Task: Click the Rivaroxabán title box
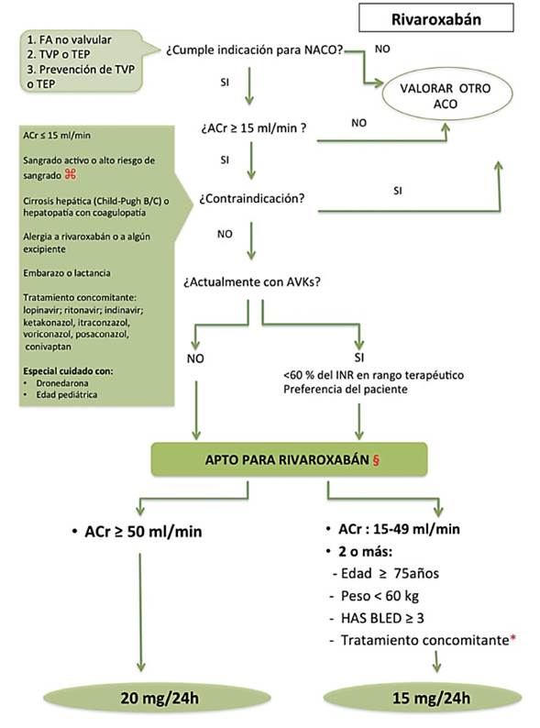coord(436,18)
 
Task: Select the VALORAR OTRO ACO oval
coord(446,95)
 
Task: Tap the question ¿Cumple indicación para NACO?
coord(255,50)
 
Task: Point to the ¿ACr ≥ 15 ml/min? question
coord(254,128)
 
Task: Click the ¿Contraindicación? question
coord(252,199)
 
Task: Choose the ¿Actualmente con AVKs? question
coord(252,281)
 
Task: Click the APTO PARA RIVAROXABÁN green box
coord(289,459)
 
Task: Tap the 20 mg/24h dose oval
coord(158,698)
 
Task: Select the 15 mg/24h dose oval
coord(422,698)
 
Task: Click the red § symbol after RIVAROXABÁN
coord(376,460)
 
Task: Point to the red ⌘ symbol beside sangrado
coord(71,174)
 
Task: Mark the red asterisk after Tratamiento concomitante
coord(513,639)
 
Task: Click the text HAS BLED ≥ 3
coord(382,618)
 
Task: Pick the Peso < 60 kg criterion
coord(380,596)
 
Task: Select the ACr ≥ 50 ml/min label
coord(143,532)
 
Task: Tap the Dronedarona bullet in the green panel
coord(62,383)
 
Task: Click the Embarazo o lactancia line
coord(67,273)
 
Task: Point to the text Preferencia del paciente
coord(346,389)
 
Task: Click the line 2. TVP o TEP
coord(59,54)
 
